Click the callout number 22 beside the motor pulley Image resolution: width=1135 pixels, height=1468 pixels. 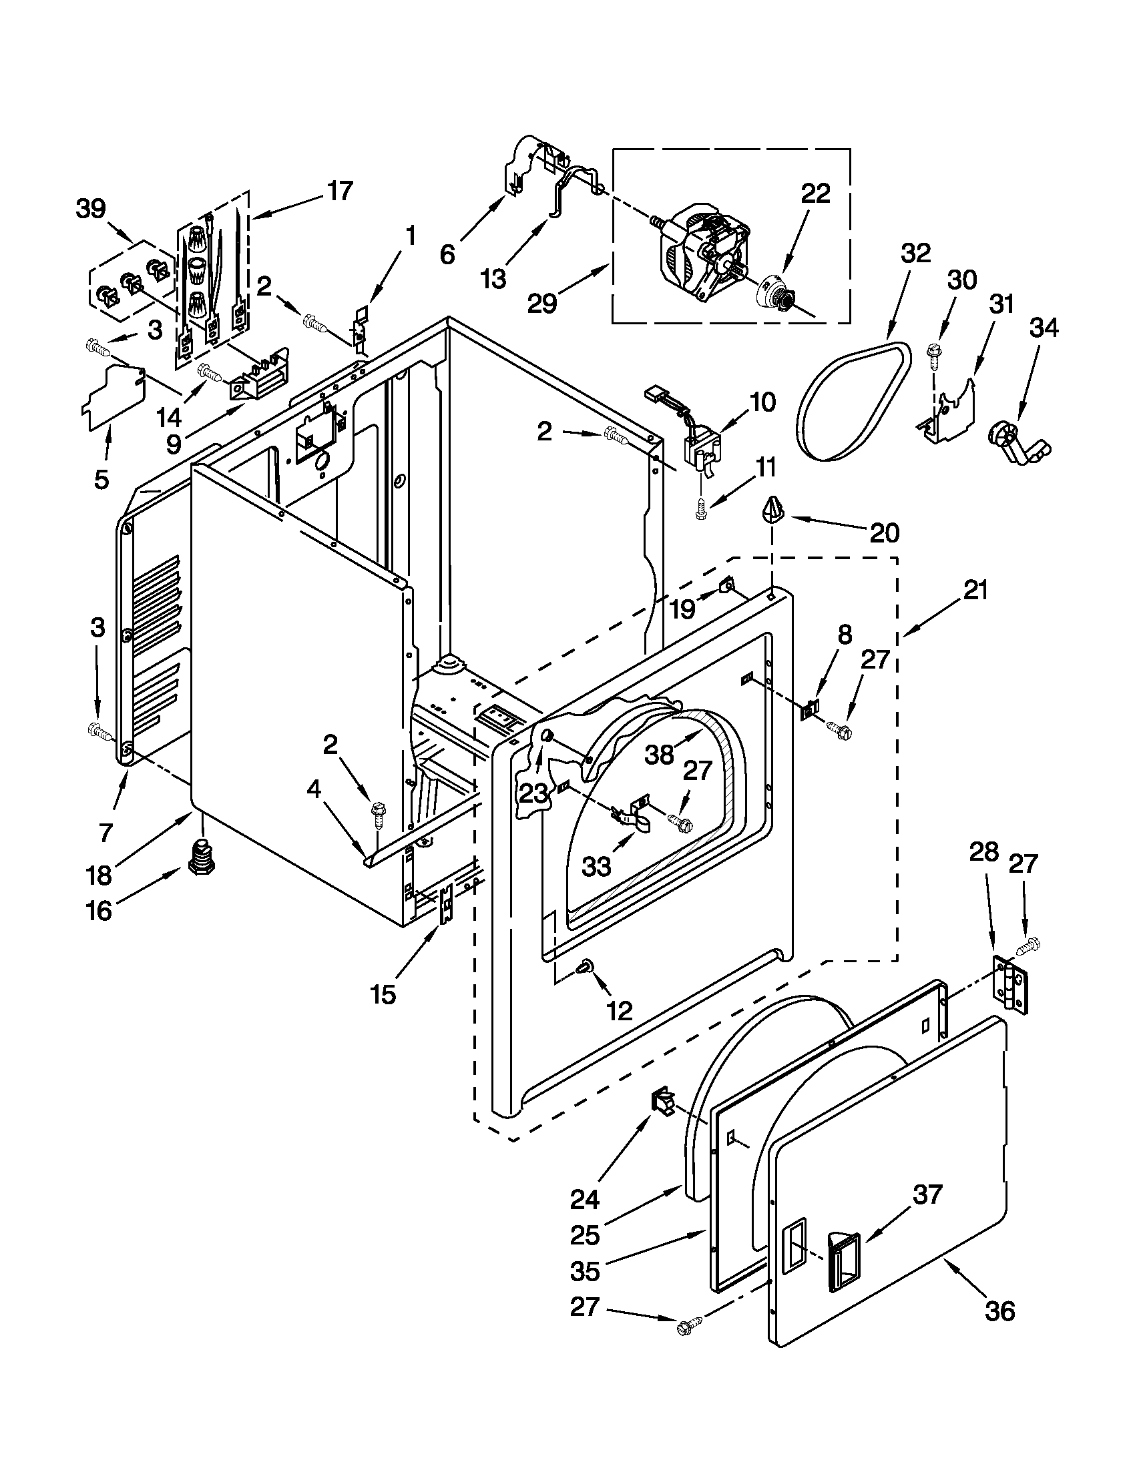815,194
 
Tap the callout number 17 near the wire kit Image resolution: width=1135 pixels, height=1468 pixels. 341,191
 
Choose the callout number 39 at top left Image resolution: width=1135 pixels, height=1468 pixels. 91,209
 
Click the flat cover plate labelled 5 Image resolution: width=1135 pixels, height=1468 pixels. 113,403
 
